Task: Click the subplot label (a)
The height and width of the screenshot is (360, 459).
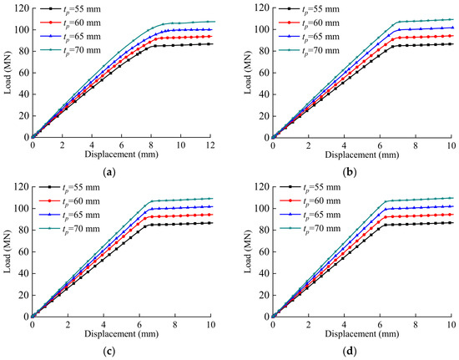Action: (110, 173)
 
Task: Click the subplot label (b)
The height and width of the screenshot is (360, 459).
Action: (350, 173)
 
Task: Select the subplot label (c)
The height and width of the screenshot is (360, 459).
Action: (110, 351)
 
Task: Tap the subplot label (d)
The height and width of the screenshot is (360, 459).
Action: (350, 351)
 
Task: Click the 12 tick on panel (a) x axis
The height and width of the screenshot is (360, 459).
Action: (210, 145)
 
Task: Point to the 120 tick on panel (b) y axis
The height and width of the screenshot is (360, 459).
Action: (261, 8)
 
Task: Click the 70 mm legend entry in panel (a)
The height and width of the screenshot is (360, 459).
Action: (70, 50)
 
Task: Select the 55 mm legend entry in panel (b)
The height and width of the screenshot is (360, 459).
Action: (309, 9)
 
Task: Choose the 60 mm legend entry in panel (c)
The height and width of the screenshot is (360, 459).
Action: (69, 201)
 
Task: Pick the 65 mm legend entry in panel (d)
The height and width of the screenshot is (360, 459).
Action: (310, 215)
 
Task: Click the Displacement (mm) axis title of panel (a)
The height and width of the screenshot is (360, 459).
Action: (122, 154)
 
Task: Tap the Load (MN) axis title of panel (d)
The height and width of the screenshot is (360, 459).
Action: (248, 252)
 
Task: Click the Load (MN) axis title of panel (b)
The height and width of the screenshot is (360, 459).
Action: (248, 73)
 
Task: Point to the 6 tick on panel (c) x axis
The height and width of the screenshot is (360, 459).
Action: (139, 325)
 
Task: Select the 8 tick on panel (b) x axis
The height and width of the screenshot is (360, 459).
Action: (416, 145)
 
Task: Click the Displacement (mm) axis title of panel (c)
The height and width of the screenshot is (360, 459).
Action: (122, 333)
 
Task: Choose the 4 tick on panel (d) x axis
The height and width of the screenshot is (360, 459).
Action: (344, 325)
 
